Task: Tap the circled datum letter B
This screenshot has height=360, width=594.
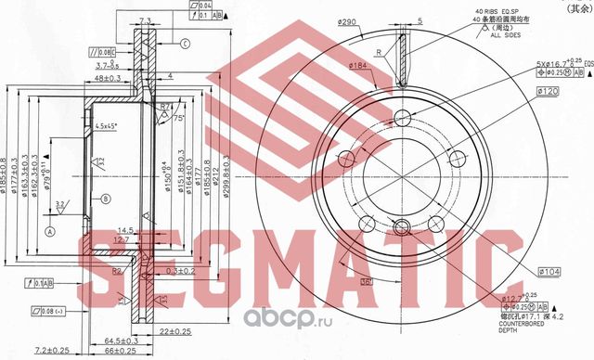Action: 105,199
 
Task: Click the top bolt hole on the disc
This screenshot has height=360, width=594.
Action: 402,118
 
